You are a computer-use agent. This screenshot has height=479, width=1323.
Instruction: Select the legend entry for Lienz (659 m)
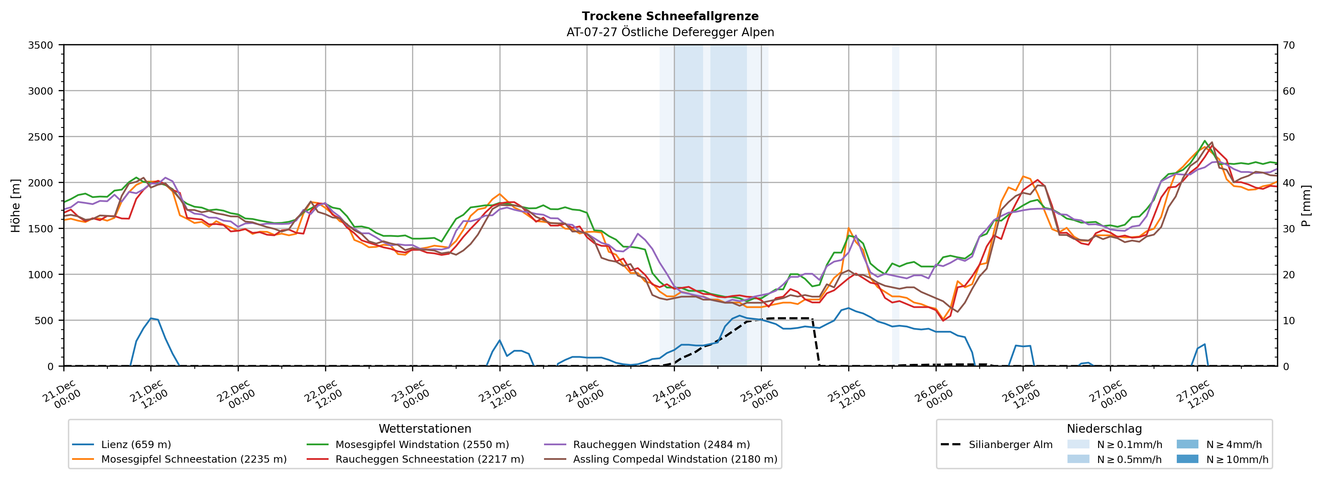point(136,445)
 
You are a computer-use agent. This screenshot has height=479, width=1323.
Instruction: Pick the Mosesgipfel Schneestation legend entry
point(194,459)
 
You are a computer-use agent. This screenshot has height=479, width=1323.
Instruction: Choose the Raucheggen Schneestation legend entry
point(430,459)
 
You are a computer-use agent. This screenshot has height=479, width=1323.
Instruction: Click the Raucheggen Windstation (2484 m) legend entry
point(661,445)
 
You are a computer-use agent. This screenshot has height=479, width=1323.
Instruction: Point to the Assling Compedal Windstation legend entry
point(675,459)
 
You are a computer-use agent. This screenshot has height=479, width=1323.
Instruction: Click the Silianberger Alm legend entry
point(1010,445)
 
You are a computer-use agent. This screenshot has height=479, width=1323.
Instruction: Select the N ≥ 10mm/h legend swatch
point(1187,459)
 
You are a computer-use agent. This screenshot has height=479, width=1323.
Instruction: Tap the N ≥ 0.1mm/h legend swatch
point(1078,445)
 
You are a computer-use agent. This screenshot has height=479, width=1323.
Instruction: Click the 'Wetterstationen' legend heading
point(425,429)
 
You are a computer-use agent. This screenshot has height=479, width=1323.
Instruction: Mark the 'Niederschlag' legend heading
point(1104,429)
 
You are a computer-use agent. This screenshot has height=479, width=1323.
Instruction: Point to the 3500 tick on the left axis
point(41,45)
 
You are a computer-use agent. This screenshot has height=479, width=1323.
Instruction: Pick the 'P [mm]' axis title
point(1306,205)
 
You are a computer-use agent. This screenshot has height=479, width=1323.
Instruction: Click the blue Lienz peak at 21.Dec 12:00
point(151,318)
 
